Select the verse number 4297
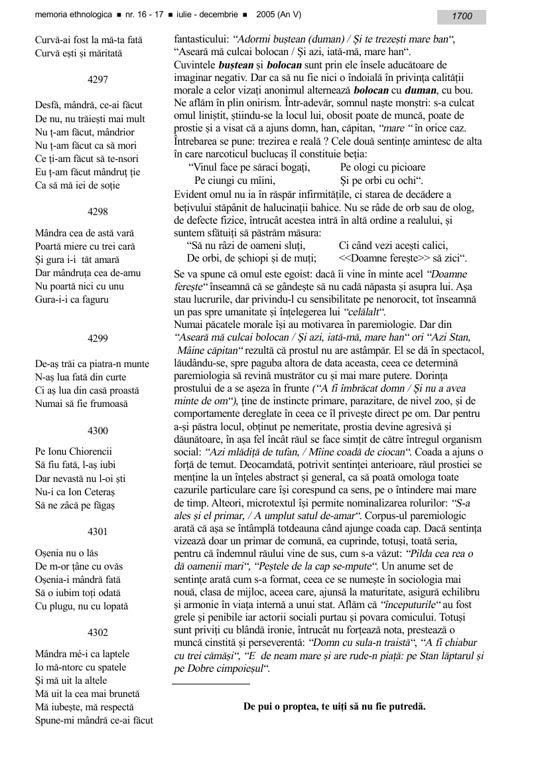[x=98, y=79]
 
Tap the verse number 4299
[x=98, y=338]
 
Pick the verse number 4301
[x=98, y=532]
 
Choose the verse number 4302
[x=98, y=633]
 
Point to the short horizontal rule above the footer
[x=211, y=683]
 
